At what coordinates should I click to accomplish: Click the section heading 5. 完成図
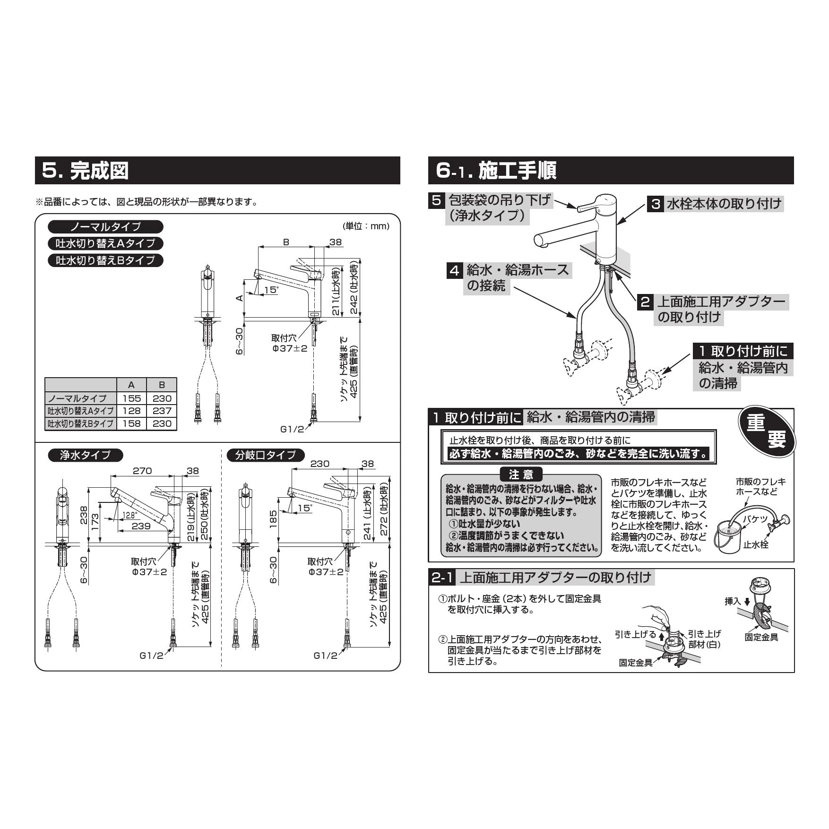pyautogui.click(x=86, y=171)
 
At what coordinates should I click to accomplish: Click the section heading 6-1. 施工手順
pyautogui.click(x=496, y=171)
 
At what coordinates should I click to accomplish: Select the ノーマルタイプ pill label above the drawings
pyautogui.click(x=106, y=227)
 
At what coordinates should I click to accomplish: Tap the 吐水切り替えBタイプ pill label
pyautogui.click(x=106, y=260)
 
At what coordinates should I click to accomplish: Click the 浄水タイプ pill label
pyautogui.click(x=86, y=455)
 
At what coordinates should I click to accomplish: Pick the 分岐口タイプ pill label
pyautogui.click(x=266, y=455)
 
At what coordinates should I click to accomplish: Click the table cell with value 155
pyautogui.click(x=131, y=398)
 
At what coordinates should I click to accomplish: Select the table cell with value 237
pyautogui.click(x=162, y=411)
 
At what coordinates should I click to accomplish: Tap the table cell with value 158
pyautogui.click(x=131, y=423)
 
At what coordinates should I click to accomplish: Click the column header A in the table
pyautogui.click(x=131, y=385)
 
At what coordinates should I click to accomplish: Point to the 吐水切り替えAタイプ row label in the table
pyautogui.click(x=81, y=411)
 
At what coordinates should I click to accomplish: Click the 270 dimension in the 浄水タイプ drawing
pyautogui.click(x=142, y=471)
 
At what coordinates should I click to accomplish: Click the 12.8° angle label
pyautogui.click(x=130, y=516)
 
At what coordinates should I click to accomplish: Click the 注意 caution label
pyautogui.click(x=521, y=474)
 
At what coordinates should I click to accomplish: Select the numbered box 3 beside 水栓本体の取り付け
pyautogui.click(x=656, y=204)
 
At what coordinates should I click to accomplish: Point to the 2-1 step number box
pyautogui.click(x=443, y=577)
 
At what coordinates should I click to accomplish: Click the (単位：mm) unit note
pyautogui.click(x=366, y=226)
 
